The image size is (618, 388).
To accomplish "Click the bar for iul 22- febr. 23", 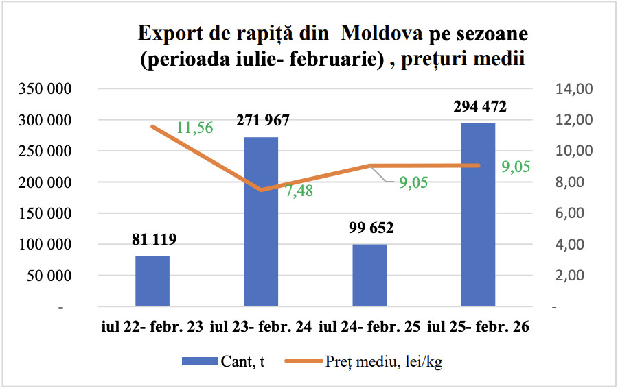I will pyautogui.click(x=152, y=281).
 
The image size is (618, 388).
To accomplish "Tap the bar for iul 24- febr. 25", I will pyautogui.click(x=369, y=275).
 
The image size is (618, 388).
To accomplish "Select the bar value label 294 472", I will pyautogui.click(x=480, y=107).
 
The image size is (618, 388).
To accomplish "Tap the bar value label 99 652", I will pyautogui.click(x=371, y=228).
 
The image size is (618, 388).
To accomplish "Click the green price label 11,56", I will pyautogui.click(x=195, y=128).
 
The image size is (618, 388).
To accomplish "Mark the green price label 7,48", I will pyautogui.click(x=299, y=191).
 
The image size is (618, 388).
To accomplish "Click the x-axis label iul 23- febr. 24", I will pyautogui.click(x=261, y=327).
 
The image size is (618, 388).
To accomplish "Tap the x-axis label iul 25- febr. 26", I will pyautogui.click(x=478, y=327).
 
